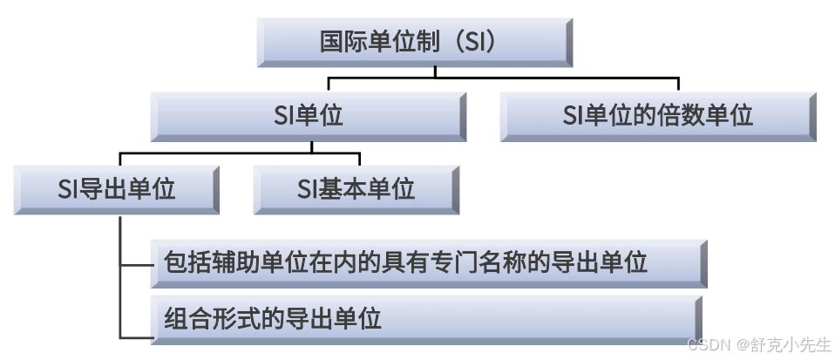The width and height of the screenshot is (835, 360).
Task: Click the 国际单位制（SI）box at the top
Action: pyautogui.click(x=415, y=42)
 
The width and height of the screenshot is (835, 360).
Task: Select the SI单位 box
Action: pyautogui.click(x=307, y=115)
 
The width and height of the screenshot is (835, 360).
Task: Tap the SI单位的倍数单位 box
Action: pyautogui.click(x=658, y=115)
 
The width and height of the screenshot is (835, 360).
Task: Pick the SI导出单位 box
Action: pyautogui.click(x=116, y=189)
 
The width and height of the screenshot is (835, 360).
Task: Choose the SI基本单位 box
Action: pyautogui.click(x=356, y=189)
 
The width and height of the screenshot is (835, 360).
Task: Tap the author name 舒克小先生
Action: pyautogui.click(x=788, y=344)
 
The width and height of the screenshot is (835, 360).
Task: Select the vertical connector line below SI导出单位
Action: pyautogui.click(x=119, y=279)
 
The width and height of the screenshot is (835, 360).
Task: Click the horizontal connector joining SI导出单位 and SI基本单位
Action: pyautogui.click(x=240, y=154)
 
